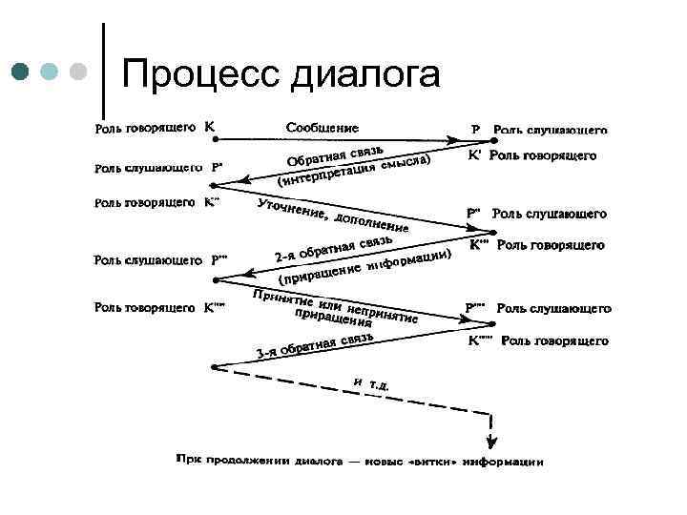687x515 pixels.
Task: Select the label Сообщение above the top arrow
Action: pyautogui.click(x=323, y=126)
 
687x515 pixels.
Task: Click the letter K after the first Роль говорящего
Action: pyautogui.click(x=210, y=126)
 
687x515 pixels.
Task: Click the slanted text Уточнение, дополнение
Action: pyautogui.click(x=334, y=218)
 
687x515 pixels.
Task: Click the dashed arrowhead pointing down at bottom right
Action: pyautogui.click(x=491, y=442)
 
